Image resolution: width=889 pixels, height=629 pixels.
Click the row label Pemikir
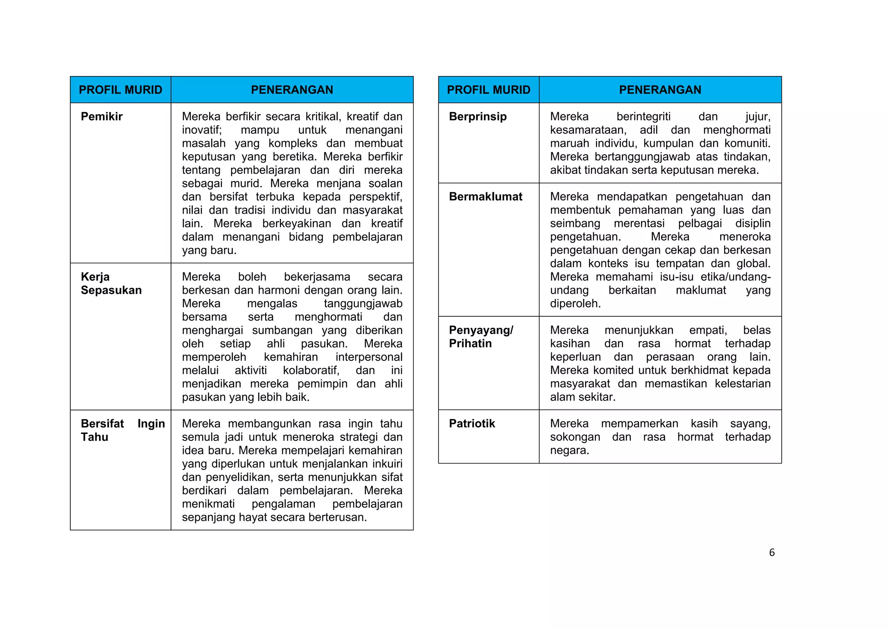click(102, 116)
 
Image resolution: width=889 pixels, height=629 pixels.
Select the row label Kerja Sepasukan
click(111, 283)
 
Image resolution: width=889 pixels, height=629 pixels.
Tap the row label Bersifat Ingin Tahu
click(122, 430)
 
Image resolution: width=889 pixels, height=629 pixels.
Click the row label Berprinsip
click(477, 116)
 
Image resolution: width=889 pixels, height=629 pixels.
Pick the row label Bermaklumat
click(485, 196)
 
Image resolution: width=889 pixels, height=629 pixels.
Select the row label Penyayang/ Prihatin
click(481, 337)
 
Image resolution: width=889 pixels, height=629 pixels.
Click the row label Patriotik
click(471, 424)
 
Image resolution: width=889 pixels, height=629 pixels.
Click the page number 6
click(772, 553)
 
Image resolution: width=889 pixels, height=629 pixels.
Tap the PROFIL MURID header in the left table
click(120, 90)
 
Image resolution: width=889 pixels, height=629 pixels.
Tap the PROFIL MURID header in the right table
click(488, 90)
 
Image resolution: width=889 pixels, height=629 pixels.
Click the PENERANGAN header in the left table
click(292, 90)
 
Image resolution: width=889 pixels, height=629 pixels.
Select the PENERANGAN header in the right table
click(660, 90)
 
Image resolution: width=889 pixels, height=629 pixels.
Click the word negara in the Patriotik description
click(569, 450)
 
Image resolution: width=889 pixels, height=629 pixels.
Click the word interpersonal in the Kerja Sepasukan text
click(369, 357)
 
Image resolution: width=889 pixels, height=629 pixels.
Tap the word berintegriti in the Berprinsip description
click(643, 116)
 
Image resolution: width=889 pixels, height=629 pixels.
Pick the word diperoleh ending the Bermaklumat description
click(575, 304)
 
